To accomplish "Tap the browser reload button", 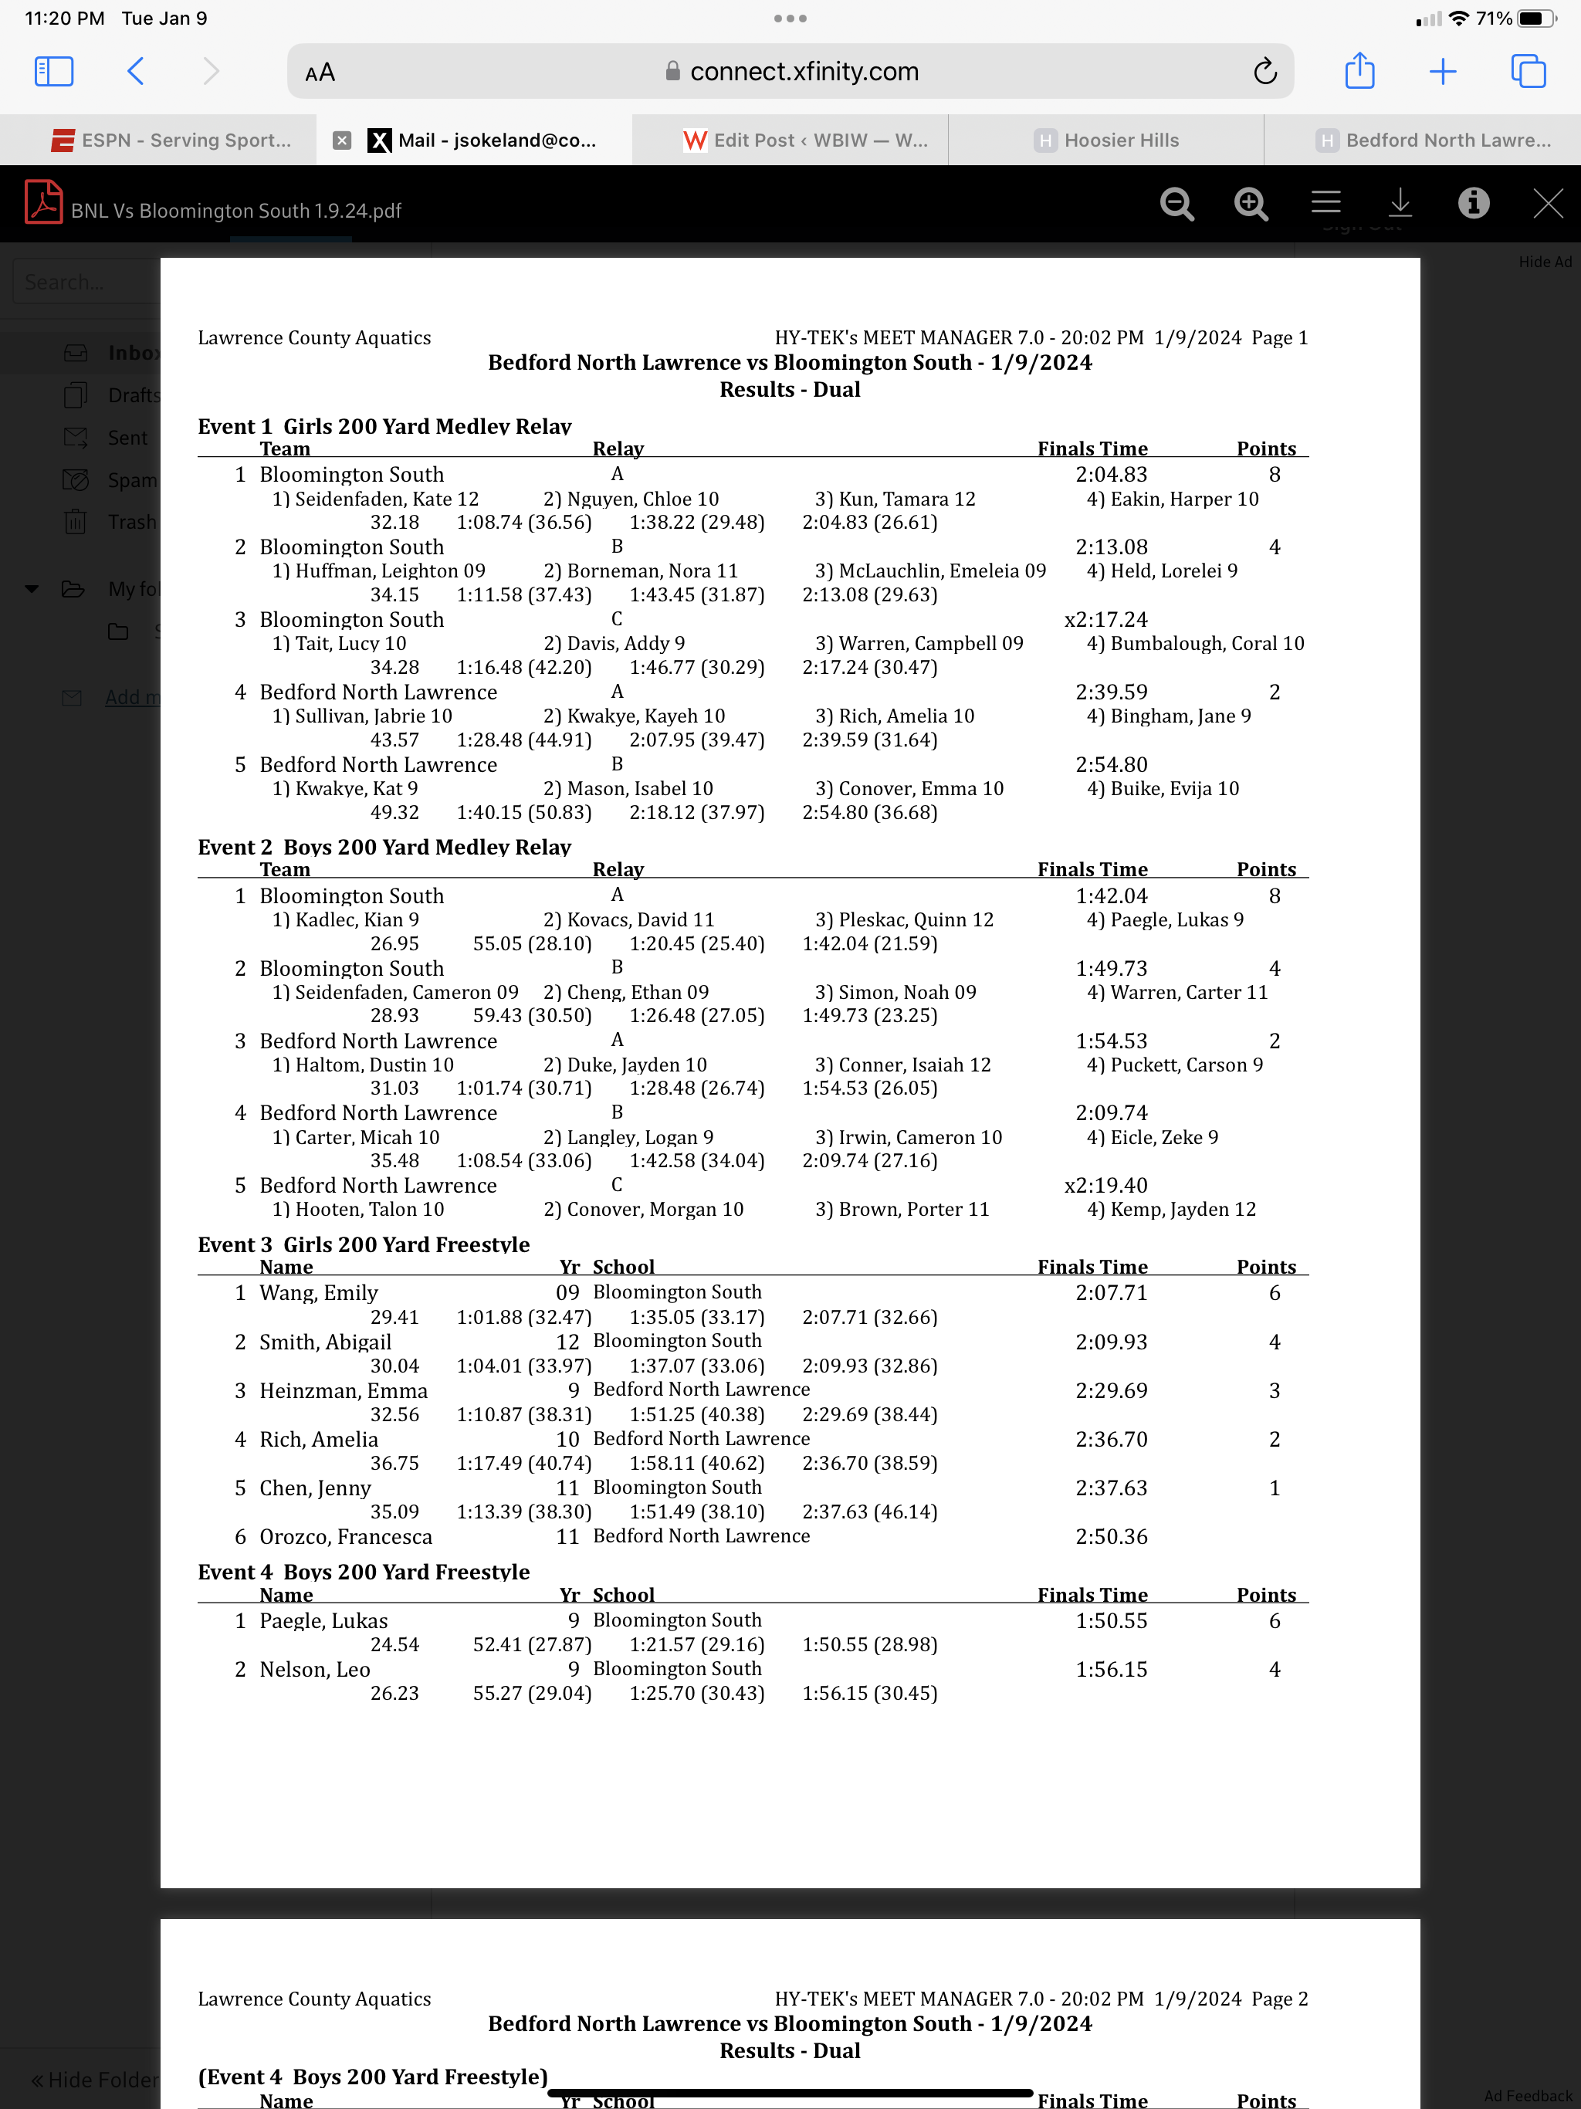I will tap(1264, 72).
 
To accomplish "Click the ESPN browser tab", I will tap(171, 140).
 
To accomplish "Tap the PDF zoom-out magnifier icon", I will tap(1176, 204).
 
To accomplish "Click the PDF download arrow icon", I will tap(1399, 203).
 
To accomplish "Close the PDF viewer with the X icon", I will tap(1547, 203).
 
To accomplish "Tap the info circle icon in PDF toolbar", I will tap(1473, 203).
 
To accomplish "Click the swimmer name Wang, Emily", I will tap(319, 1293).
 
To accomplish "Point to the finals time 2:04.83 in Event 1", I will tap(1111, 475).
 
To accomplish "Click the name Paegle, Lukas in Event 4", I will tap(323, 1621).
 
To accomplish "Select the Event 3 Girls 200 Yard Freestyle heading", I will tap(364, 1244).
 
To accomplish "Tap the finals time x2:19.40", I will tap(1105, 1185).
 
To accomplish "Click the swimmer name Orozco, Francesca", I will tap(345, 1537).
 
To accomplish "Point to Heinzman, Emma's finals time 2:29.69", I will tap(1111, 1391).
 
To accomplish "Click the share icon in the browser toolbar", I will tap(1359, 72).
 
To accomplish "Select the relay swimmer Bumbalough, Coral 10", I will tap(1195, 644).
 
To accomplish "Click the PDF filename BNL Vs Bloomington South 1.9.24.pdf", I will tap(235, 211).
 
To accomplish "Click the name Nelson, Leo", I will tap(315, 1670).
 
